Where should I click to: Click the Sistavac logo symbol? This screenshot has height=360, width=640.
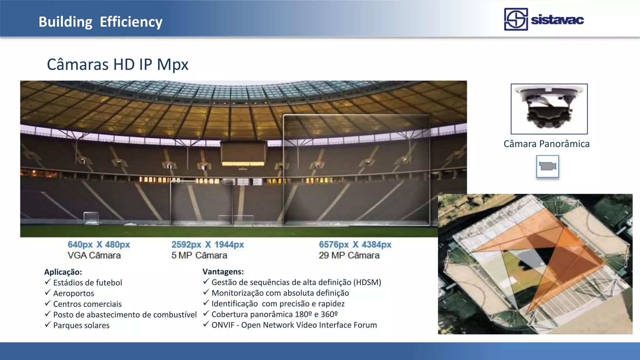pyautogui.click(x=516, y=19)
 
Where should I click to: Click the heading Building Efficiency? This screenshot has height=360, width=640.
pyautogui.click(x=100, y=22)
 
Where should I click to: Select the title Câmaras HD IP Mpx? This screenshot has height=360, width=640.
pyautogui.click(x=117, y=64)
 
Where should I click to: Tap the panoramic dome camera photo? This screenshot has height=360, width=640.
pyautogui.click(x=549, y=109)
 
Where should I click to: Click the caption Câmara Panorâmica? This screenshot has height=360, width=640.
pyautogui.click(x=546, y=144)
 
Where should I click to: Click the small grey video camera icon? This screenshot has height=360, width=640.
pyautogui.click(x=547, y=166)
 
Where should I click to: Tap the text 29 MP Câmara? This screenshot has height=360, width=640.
pyautogui.click(x=349, y=255)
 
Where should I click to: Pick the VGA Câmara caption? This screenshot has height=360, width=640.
pyautogui.click(x=94, y=255)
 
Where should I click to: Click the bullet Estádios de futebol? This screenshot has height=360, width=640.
pyautogui.click(x=87, y=282)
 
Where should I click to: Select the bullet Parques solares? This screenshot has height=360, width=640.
pyautogui.click(x=81, y=325)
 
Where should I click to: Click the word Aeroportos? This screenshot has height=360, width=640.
pyautogui.click(x=73, y=293)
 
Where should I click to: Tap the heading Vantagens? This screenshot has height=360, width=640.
pyautogui.click(x=223, y=271)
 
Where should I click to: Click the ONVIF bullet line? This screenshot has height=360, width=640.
pyautogui.click(x=294, y=325)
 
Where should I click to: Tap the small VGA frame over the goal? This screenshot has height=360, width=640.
pyautogui.click(x=91, y=218)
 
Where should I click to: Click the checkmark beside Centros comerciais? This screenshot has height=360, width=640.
pyautogui.click(x=47, y=303)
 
